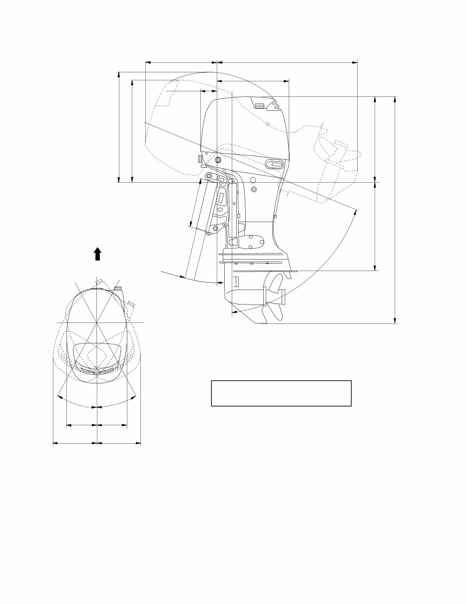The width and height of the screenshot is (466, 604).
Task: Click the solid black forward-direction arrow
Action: pyautogui.click(x=97, y=254)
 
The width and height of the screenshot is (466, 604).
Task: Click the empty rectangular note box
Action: pyautogui.click(x=281, y=393)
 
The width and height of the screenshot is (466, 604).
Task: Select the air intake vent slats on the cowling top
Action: pyautogui.click(x=259, y=104)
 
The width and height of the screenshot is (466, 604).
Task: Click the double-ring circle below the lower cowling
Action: pyautogui.click(x=254, y=189)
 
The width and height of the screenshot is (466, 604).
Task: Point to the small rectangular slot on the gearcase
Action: pyautogui.click(x=237, y=281)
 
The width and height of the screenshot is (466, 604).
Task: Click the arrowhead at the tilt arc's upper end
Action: pyautogui.click(x=357, y=212)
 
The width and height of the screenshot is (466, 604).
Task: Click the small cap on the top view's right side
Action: pyautogui.click(x=118, y=288)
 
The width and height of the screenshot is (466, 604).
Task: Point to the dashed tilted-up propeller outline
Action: pyautogui.click(x=332, y=150)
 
